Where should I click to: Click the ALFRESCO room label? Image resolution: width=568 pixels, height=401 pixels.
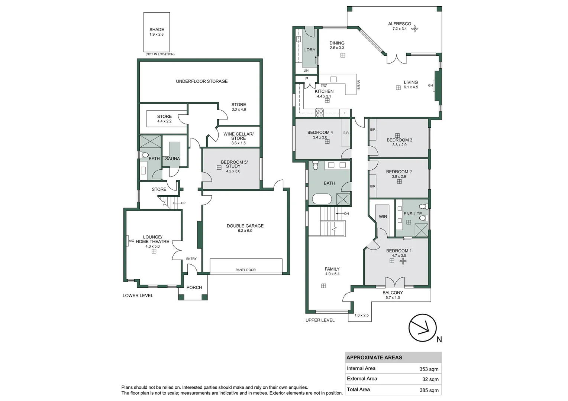(400, 24)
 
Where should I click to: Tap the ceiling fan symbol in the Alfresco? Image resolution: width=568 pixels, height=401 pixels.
(414, 29)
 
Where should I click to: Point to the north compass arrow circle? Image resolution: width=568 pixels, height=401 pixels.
(422, 328)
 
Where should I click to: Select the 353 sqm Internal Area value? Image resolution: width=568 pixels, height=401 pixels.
(429, 369)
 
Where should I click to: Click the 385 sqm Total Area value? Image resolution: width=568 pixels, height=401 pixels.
(429, 390)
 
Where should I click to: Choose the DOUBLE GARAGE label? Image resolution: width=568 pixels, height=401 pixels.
(245, 226)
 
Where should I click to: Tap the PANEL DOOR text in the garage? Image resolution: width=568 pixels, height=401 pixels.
(245, 270)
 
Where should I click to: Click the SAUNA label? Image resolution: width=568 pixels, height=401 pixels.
(172, 159)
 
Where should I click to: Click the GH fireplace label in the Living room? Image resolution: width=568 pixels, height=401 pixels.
(430, 85)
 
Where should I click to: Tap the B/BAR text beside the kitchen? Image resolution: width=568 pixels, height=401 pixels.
(359, 85)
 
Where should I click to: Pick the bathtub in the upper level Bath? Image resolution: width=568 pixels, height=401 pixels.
(322, 199)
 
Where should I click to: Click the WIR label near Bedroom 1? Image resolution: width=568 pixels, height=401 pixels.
(383, 216)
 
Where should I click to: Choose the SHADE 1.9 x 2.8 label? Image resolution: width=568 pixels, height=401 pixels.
(157, 32)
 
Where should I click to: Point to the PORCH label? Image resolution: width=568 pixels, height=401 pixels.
(194, 287)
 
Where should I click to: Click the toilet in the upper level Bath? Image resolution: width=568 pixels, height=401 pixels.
(316, 165)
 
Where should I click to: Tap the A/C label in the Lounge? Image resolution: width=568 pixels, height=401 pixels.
(131, 241)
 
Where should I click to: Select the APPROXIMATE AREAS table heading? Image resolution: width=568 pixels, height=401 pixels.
(374, 358)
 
